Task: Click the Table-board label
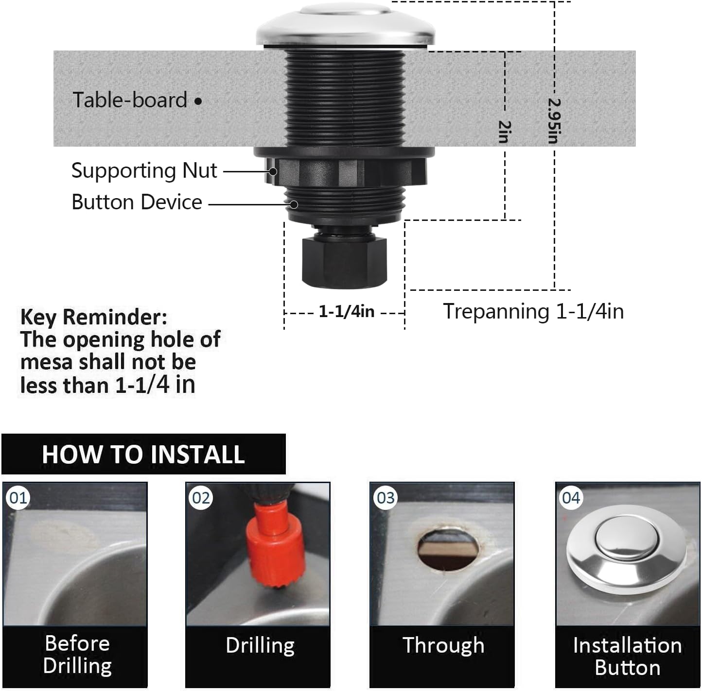(130, 100)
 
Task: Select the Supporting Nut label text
(144, 171)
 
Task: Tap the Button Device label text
(137, 202)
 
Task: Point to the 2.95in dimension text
(554, 121)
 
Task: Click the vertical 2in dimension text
(505, 132)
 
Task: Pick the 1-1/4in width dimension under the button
(346, 312)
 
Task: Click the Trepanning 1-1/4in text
(533, 311)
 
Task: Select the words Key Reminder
(93, 317)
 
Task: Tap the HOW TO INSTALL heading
(143, 455)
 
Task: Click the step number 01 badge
(18, 498)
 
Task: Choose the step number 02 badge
(201, 498)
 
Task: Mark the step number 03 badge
(386, 498)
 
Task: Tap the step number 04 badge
(571, 498)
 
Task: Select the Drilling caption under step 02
(260, 645)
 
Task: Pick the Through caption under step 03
(443, 645)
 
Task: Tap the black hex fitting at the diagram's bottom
(344, 261)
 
